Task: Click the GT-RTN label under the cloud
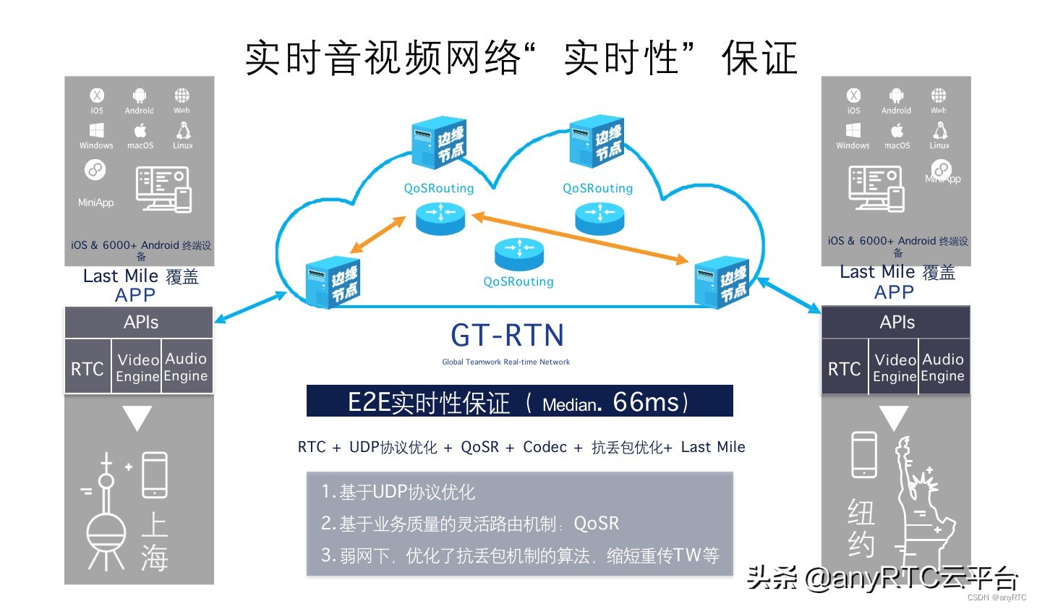(507, 336)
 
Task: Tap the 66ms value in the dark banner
(646, 401)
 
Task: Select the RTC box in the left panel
(88, 368)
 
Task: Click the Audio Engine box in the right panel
(943, 367)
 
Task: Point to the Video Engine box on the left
(137, 367)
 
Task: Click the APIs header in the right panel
(897, 323)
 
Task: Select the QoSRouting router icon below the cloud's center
(518, 253)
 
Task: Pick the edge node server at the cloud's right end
(721, 283)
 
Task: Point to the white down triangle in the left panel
(137, 418)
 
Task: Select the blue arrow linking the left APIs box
(250, 307)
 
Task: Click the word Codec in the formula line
(545, 447)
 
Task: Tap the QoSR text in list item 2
(596, 523)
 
